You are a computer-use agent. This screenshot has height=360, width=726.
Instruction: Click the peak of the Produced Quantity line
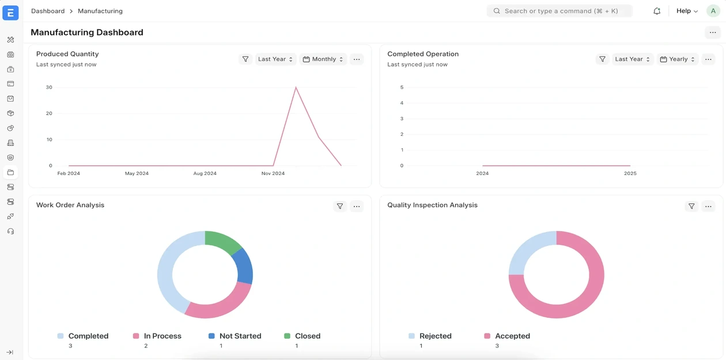[296, 88]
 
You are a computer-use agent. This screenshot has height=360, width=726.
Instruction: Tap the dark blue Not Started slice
[244, 266]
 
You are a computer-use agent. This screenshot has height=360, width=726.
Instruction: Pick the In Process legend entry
[157, 336]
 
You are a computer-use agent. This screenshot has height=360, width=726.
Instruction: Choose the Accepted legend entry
[506, 336]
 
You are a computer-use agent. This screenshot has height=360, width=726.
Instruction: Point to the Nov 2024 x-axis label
[273, 173]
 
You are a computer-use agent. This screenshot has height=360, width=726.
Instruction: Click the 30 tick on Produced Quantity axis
[49, 88]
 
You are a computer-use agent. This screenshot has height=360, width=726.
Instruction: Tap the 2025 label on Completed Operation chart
[630, 173]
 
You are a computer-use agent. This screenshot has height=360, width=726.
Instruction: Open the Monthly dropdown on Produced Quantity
[323, 59]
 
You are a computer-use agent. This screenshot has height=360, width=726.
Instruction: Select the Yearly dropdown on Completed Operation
[677, 59]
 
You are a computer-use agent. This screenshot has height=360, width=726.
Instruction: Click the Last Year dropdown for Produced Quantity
[275, 59]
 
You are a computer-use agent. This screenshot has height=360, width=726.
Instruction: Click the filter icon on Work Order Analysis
[340, 206]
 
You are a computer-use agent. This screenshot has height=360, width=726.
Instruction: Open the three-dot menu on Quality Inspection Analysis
[708, 206]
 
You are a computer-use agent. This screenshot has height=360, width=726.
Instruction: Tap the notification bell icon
[657, 11]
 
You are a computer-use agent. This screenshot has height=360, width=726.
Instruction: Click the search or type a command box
[559, 11]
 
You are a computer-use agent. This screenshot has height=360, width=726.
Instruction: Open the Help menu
[687, 11]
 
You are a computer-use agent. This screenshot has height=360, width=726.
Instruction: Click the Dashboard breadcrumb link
[48, 11]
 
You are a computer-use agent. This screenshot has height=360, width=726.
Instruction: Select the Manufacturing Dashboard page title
[87, 33]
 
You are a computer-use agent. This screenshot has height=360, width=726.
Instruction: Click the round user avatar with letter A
[713, 11]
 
